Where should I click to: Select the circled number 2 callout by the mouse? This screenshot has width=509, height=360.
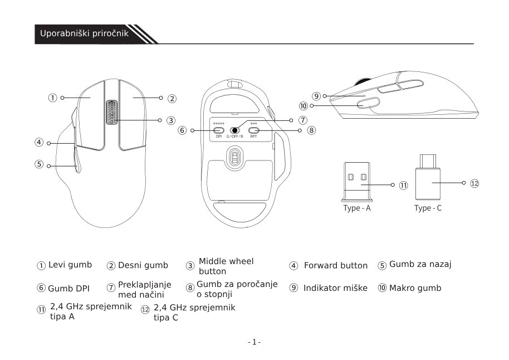pyautogui.click(x=173, y=99)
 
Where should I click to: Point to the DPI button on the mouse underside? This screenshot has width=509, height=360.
pyautogui.click(x=218, y=130)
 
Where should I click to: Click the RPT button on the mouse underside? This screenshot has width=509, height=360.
pyautogui.click(x=253, y=130)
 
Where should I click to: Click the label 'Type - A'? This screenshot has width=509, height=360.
pyautogui.click(x=357, y=208)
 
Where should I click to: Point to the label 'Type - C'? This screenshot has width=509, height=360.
pyautogui.click(x=428, y=208)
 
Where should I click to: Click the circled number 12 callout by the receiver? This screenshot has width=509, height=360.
pyautogui.click(x=474, y=183)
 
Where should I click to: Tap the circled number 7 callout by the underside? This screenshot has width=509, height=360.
pyautogui.click(x=302, y=120)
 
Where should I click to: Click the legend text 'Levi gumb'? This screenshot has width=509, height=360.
pyautogui.click(x=70, y=265)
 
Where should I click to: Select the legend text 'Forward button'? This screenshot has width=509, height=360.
pyautogui.click(x=336, y=265)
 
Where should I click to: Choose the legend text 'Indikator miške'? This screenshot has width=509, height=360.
pyautogui.click(x=335, y=288)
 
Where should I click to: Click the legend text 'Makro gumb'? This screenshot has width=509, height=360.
pyautogui.click(x=415, y=288)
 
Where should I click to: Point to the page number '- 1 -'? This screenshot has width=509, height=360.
pyautogui.click(x=254, y=342)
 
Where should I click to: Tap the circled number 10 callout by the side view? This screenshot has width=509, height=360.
pyautogui.click(x=304, y=105)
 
